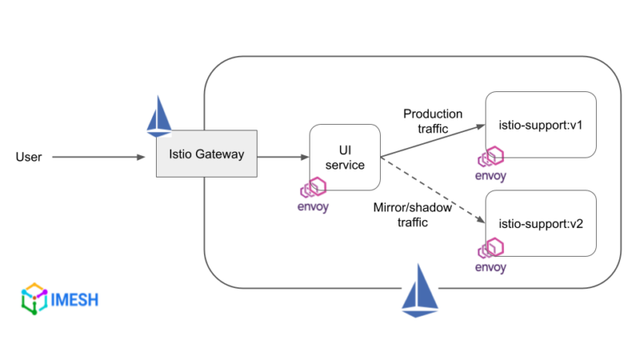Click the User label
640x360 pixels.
click(29, 157)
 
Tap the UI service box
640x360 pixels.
click(345, 157)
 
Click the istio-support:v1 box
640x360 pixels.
click(541, 125)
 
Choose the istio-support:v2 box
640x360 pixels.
click(541, 223)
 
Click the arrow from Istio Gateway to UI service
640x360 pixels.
click(283, 157)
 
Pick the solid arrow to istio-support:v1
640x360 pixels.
click(432, 141)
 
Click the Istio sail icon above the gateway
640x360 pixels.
click(159, 117)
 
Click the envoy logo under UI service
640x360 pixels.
click(313, 189)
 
